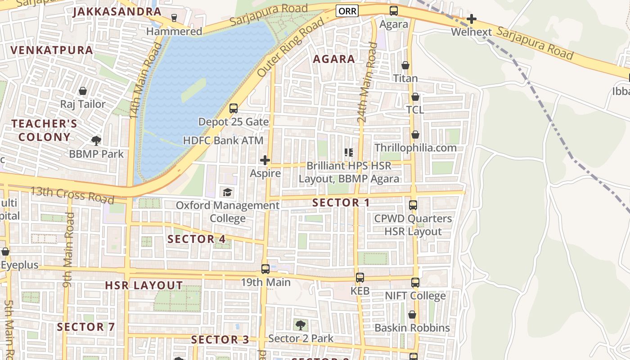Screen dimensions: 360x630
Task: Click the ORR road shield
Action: pyautogui.click(x=347, y=11)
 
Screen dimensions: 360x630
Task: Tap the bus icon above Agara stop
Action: pyautogui.click(x=394, y=11)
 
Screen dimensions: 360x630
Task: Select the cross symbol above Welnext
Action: pyautogui.click(x=471, y=19)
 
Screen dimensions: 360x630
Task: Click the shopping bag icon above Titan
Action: pyautogui.click(x=405, y=65)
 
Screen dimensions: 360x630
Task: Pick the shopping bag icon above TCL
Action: pyautogui.click(x=415, y=97)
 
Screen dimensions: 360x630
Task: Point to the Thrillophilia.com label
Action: pyautogui.click(x=415, y=148)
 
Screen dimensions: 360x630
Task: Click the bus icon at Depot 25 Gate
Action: pyautogui.click(x=233, y=108)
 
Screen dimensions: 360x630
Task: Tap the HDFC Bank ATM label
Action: pyautogui.click(x=223, y=140)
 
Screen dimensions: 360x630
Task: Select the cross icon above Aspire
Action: pyautogui.click(x=265, y=160)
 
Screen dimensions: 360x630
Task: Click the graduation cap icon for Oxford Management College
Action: pyautogui.click(x=228, y=192)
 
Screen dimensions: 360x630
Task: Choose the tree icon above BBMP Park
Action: pyautogui.click(x=96, y=141)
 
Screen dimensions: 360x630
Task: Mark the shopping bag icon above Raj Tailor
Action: pyautogui.click(x=83, y=91)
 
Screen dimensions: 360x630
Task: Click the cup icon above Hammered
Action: pyautogui.click(x=174, y=18)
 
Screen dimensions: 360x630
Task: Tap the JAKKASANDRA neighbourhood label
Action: pyautogui.click(x=117, y=12)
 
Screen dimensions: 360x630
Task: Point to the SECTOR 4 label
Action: pyautogui.click(x=197, y=239)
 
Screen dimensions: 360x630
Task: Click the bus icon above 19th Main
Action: pyautogui.click(x=265, y=269)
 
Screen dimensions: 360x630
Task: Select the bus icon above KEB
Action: pyautogui.click(x=360, y=278)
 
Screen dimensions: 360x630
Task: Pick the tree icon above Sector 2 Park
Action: pyautogui.click(x=301, y=325)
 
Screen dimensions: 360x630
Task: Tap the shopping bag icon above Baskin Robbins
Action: pyautogui.click(x=412, y=315)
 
